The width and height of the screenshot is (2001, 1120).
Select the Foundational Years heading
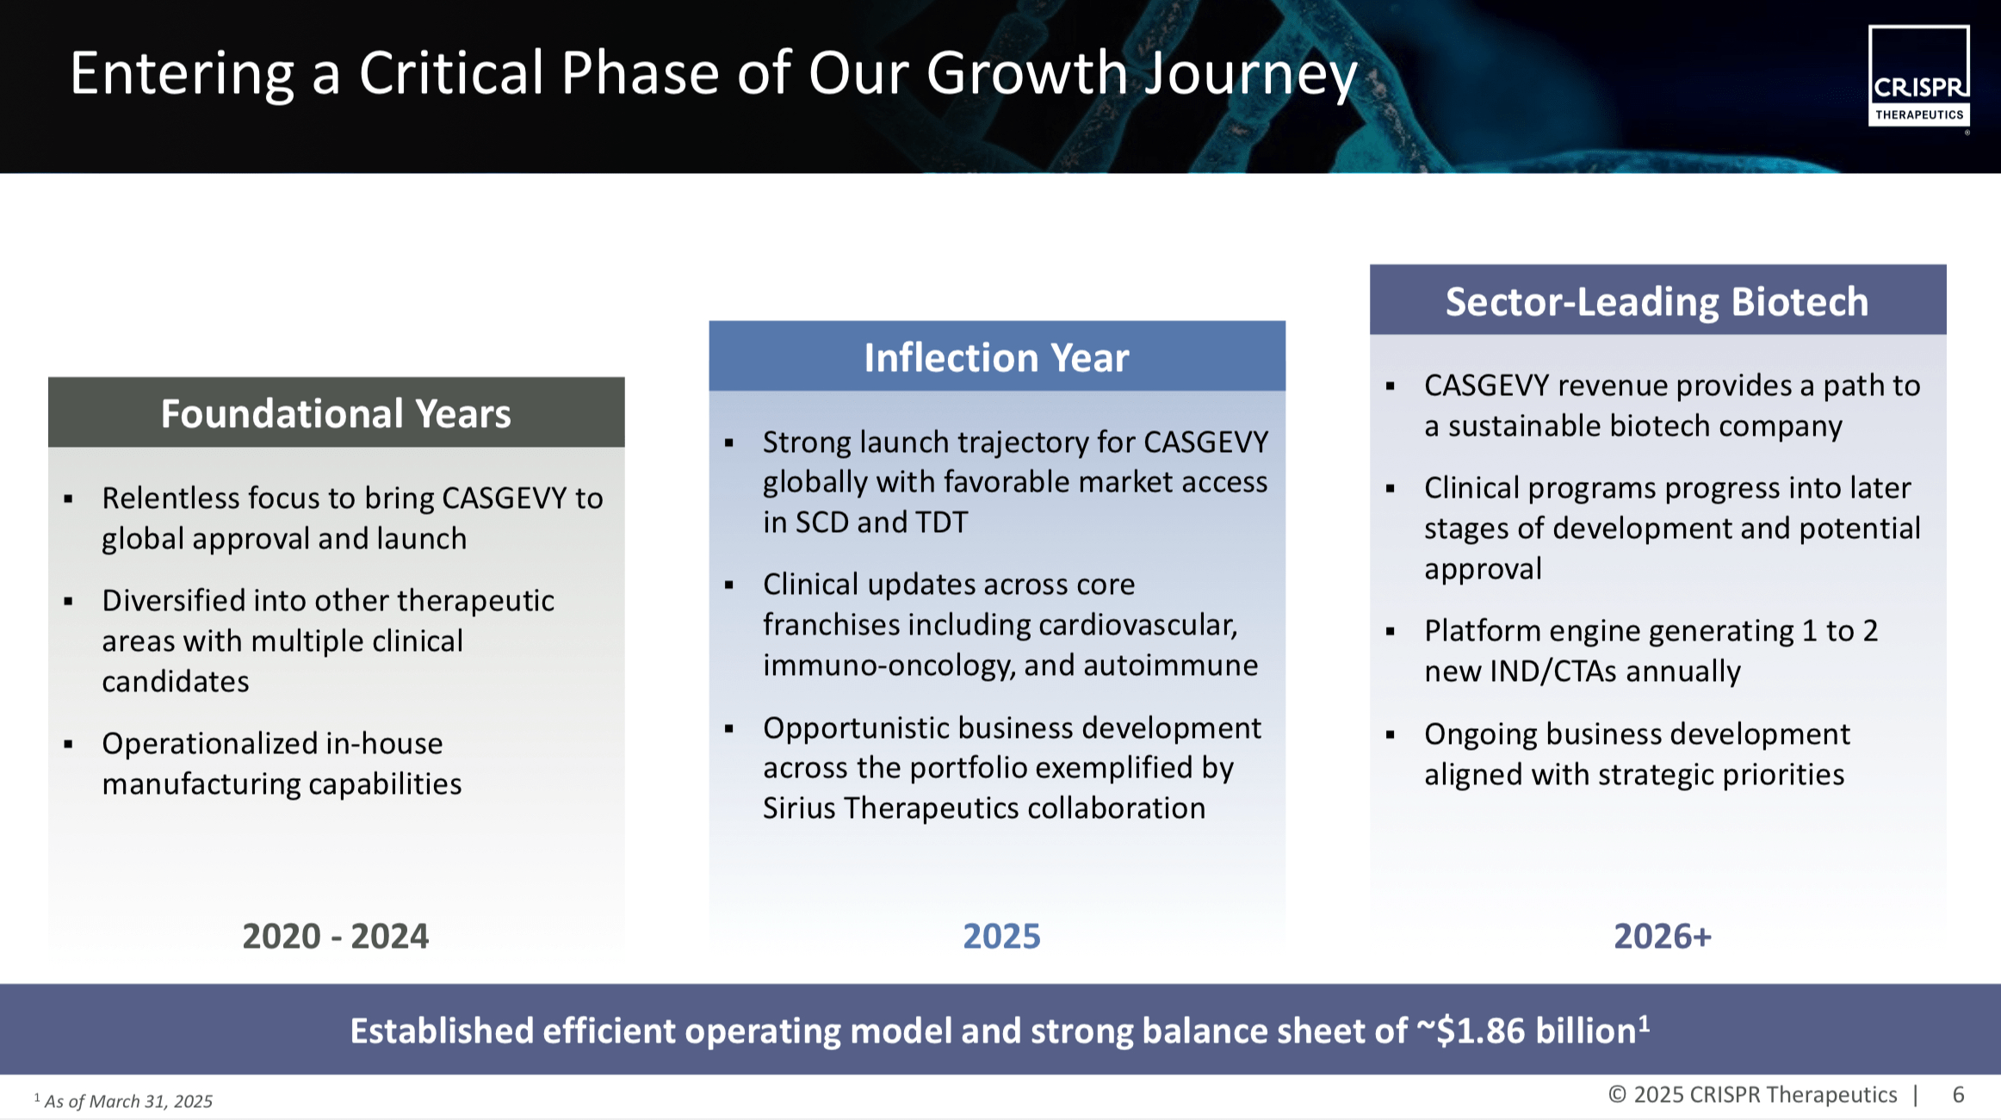click(336, 413)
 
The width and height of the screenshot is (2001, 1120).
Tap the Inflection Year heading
click(996, 357)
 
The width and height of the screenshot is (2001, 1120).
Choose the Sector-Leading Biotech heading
click(1657, 301)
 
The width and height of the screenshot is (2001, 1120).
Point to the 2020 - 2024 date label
click(335, 936)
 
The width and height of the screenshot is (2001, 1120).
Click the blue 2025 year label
click(1001, 936)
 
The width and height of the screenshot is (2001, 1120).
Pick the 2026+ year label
click(1663, 936)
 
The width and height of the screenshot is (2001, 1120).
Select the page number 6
click(1958, 1094)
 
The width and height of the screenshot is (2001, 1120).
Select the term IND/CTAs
click(1553, 671)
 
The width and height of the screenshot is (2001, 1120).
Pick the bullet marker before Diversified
click(68, 601)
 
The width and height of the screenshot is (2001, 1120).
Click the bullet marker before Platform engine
click(1390, 632)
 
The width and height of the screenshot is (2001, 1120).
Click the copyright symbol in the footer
click(1617, 1094)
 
